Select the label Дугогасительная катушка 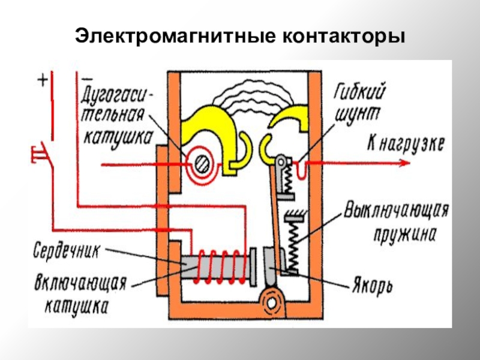116,116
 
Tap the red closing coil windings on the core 222,264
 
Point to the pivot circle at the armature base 273,299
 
